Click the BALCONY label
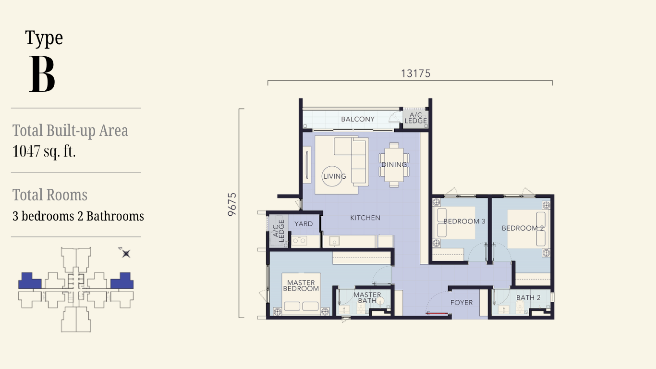(x=358, y=119)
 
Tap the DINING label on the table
(x=394, y=164)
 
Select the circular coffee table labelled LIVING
(x=332, y=176)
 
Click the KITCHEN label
(x=365, y=218)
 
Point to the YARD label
(x=304, y=223)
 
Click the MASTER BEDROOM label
(x=301, y=285)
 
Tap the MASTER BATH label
(x=367, y=297)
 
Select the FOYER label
(x=461, y=303)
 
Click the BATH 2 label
(x=528, y=297)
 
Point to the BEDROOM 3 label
(x=464, y=221)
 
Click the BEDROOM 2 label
(x=523, y=228)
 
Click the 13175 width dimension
(x=415, y=74)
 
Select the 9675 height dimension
(x=231, y=204)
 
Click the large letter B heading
(x=42, y=74)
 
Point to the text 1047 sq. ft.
(x=44, y=151)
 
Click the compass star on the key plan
(x=126, y=254)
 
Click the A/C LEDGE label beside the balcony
(x=415, y=118)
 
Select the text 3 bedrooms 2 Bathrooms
(x=78, y=216)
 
